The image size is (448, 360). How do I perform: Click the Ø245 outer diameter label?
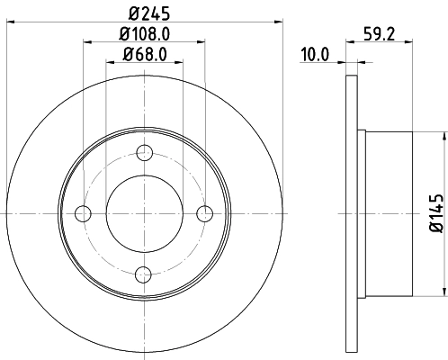pos(144,13)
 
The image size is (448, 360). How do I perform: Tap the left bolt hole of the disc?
pos(84,213)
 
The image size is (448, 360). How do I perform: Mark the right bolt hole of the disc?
pos(205,213)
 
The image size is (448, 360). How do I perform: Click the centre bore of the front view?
pos(144,213)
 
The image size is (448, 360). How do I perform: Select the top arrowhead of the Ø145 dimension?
pos(443,135)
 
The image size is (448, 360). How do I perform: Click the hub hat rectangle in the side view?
pos(388,213)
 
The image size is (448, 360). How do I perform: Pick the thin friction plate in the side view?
pos(352,213)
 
